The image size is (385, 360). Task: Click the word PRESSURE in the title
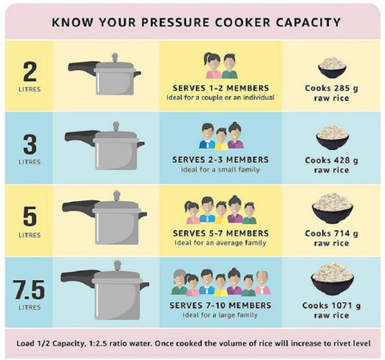[175, 22]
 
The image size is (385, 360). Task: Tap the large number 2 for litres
[30, 71]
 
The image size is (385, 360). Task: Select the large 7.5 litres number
[30, 289]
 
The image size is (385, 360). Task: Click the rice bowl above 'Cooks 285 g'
[332, 67]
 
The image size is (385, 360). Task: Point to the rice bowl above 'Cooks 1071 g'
[332, 279]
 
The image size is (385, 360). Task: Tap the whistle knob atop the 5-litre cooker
[116, 196]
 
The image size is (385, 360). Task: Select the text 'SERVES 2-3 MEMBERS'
[221, 160]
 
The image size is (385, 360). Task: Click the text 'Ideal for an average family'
[221, 243]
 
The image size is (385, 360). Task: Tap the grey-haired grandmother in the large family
[180, 282]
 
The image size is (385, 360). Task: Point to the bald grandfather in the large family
[262, 282]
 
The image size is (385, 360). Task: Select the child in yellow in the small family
[221, 139]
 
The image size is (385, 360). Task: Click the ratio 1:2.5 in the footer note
[97, 343]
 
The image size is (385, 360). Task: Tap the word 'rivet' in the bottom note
[336, 343]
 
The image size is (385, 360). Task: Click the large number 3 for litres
[30, 144]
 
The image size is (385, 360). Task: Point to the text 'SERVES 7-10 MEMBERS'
[221, 305]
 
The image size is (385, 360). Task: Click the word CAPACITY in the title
[308, 22]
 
